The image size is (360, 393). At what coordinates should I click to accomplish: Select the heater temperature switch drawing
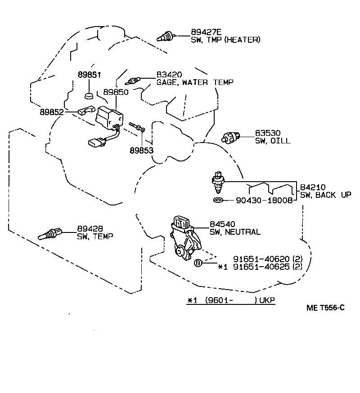[165, 36]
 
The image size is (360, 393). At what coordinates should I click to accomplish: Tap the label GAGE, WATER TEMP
[195, 82]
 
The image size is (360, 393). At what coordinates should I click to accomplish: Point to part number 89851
[88, 75]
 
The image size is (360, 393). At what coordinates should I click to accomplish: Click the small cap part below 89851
[89, 96]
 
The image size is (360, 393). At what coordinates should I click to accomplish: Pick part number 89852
[51, 112]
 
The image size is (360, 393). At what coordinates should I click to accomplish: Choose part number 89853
[141, 150]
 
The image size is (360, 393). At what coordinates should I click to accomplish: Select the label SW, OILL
[273, 141]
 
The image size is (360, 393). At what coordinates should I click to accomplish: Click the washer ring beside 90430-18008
[217, 200]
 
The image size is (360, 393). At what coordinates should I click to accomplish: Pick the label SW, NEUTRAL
[235, 232]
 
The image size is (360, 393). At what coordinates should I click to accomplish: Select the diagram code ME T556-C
[325, 308]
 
